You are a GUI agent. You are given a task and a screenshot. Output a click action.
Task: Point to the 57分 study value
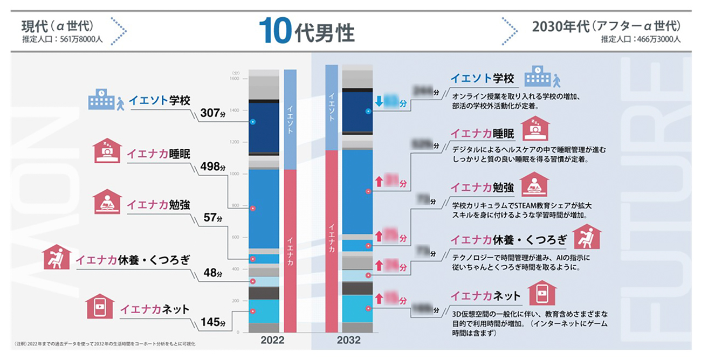[212, 218]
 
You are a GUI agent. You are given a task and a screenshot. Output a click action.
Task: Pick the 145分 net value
[211, 323]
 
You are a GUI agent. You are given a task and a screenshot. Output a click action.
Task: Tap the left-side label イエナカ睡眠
[152, 153]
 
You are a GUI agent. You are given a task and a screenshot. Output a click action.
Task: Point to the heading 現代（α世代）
[58, 25]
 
